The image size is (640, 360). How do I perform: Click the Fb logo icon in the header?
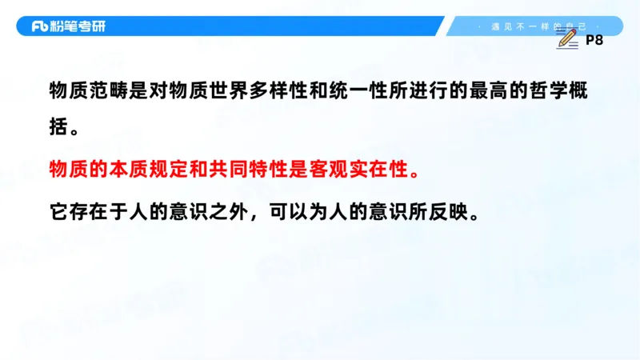tap(40, 26)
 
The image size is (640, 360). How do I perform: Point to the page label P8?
tap(594, 40)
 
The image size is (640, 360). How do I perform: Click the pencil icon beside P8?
tap(567, 38)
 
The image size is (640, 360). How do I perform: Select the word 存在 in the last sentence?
tap(90, 213)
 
